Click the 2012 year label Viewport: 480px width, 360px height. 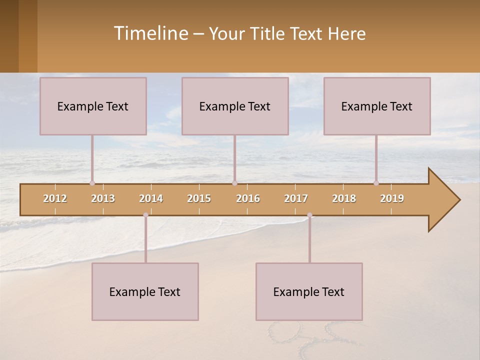tap(55, 198)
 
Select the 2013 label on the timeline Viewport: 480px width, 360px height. tap(103, 198)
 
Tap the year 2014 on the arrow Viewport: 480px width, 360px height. tap(151, 198)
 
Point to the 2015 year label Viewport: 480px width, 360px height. tap(199, 198)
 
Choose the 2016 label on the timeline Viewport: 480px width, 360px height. tap(248, 198)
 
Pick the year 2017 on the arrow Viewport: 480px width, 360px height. tap(296, 198)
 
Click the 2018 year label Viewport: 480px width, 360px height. tap(344, 198)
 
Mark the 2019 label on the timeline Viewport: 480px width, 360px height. tap(392, 198)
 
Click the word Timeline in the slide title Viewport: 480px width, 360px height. tap(150, 33)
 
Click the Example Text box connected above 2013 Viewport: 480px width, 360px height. tap(93, 106)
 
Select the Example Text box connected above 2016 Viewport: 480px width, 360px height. tap(235, 106)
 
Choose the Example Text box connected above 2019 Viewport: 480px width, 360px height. tap(377, 106)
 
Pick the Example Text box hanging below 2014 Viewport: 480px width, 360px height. tap(145, 291)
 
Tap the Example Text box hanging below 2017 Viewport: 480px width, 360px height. tap(309, 291)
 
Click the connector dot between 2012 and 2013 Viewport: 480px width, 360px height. tap(92, 183)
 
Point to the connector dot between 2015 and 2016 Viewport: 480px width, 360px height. tap(234, 183)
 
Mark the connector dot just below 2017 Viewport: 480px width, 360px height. tap(309, 215)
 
